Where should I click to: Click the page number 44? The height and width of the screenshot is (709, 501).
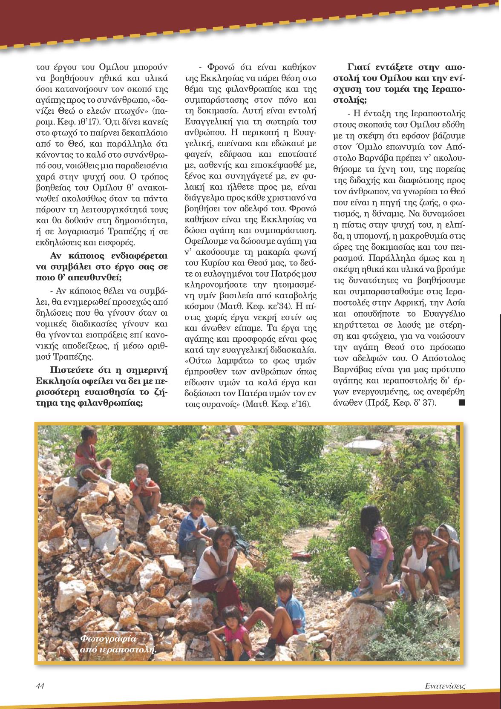(x=40, y=686)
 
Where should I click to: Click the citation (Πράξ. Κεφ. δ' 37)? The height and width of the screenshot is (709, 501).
(x=400, y=403)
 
